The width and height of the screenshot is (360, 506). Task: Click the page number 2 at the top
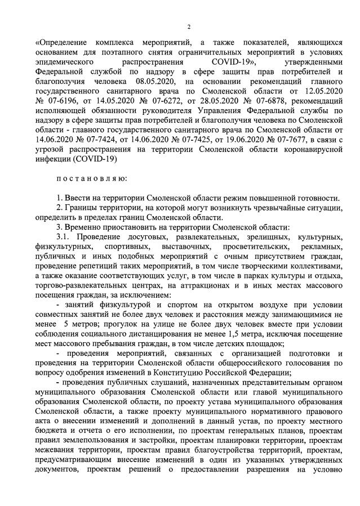(189, 27)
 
